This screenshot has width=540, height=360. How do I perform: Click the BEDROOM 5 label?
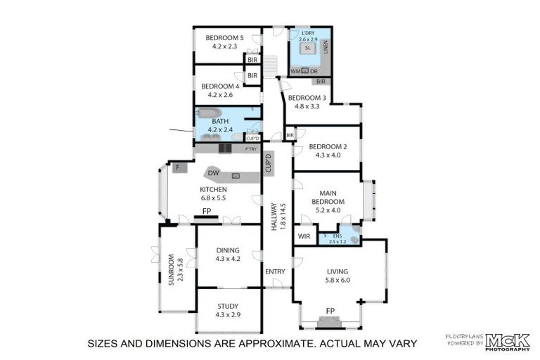tap(225, 37)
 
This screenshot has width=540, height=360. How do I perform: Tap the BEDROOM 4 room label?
tap(221, 86)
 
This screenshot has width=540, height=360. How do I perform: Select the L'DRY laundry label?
tap(307, 33)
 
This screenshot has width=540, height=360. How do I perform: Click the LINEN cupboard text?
tap(325, 47)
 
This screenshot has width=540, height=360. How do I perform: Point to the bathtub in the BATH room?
tap(210, 112)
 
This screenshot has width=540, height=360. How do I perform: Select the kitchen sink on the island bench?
tap(236, 175)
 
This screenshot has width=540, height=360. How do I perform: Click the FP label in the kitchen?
tap(207, 211)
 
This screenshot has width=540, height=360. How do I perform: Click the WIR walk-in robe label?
tap(304, 236)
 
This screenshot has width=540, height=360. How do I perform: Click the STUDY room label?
tap(227, 306)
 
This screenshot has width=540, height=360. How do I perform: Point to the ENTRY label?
tap(276, 271)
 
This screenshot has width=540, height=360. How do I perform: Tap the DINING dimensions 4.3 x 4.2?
tap(228, 259)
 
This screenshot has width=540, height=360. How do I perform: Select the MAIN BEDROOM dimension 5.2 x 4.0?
tap(330, 210)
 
